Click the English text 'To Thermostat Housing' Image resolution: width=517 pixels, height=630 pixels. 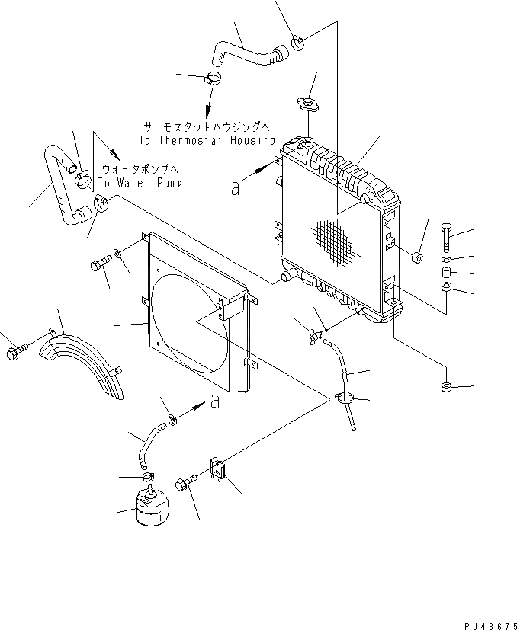tap(207, 141)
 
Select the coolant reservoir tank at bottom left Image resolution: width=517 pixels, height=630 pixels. tap(149, 508)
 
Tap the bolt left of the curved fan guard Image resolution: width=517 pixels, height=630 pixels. tap(14, 352)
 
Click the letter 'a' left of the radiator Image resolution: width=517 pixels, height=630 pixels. tap(235, 187)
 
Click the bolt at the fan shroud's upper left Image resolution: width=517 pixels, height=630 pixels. tap(99, 264)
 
